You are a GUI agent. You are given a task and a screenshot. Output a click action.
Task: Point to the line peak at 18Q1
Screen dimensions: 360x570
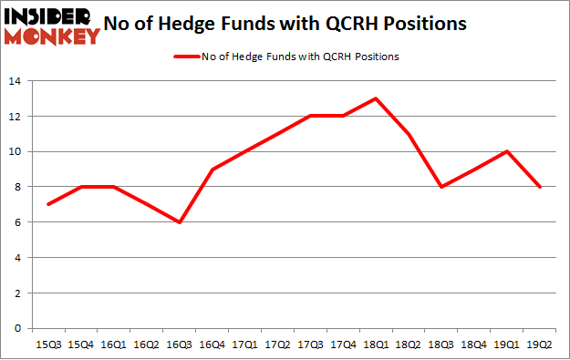point(375,98)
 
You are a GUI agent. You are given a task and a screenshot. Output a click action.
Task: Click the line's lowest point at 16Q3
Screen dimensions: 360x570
point(179,222)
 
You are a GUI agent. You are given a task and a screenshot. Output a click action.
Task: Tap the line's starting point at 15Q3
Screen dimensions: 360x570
point(48,204)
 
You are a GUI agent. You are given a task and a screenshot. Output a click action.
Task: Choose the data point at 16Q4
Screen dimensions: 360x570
point(212,170)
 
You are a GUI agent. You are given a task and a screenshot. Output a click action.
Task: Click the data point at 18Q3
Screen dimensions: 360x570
point(440,187)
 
